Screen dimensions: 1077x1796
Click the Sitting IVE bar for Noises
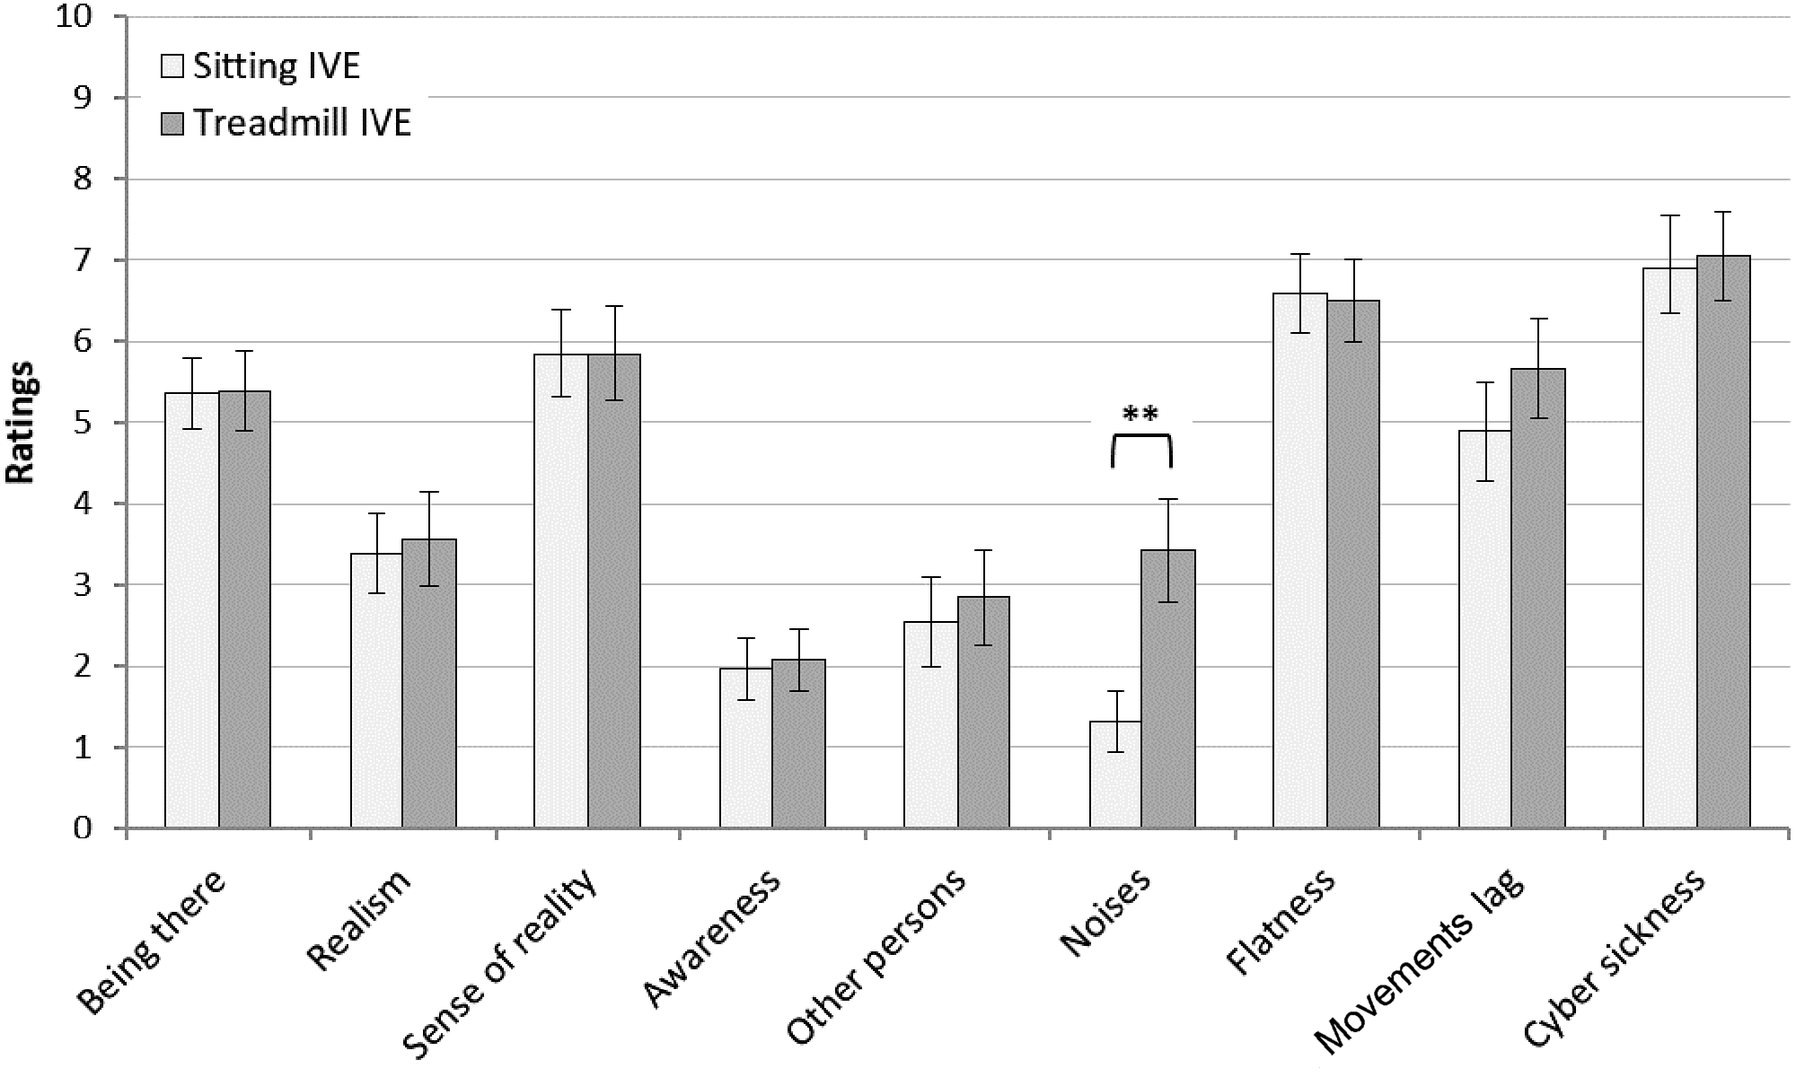tap(1115, 775)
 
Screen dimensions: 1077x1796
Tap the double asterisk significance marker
tap(1140, 415)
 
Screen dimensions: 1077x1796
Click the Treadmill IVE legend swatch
tap(172, 123)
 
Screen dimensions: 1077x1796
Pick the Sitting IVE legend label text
tap(277, 66)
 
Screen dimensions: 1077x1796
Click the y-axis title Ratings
tap(20, 422)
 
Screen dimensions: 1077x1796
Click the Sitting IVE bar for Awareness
tap(745, 749)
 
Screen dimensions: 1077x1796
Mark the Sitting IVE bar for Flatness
tap(1300, 561)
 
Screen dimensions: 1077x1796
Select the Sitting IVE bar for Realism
tap(376, 691)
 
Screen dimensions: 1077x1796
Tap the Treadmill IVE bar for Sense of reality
tap(614, 591)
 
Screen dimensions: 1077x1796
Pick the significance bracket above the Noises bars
tap(1141, 437)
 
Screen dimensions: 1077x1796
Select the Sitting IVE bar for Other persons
tap(930, 725)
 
